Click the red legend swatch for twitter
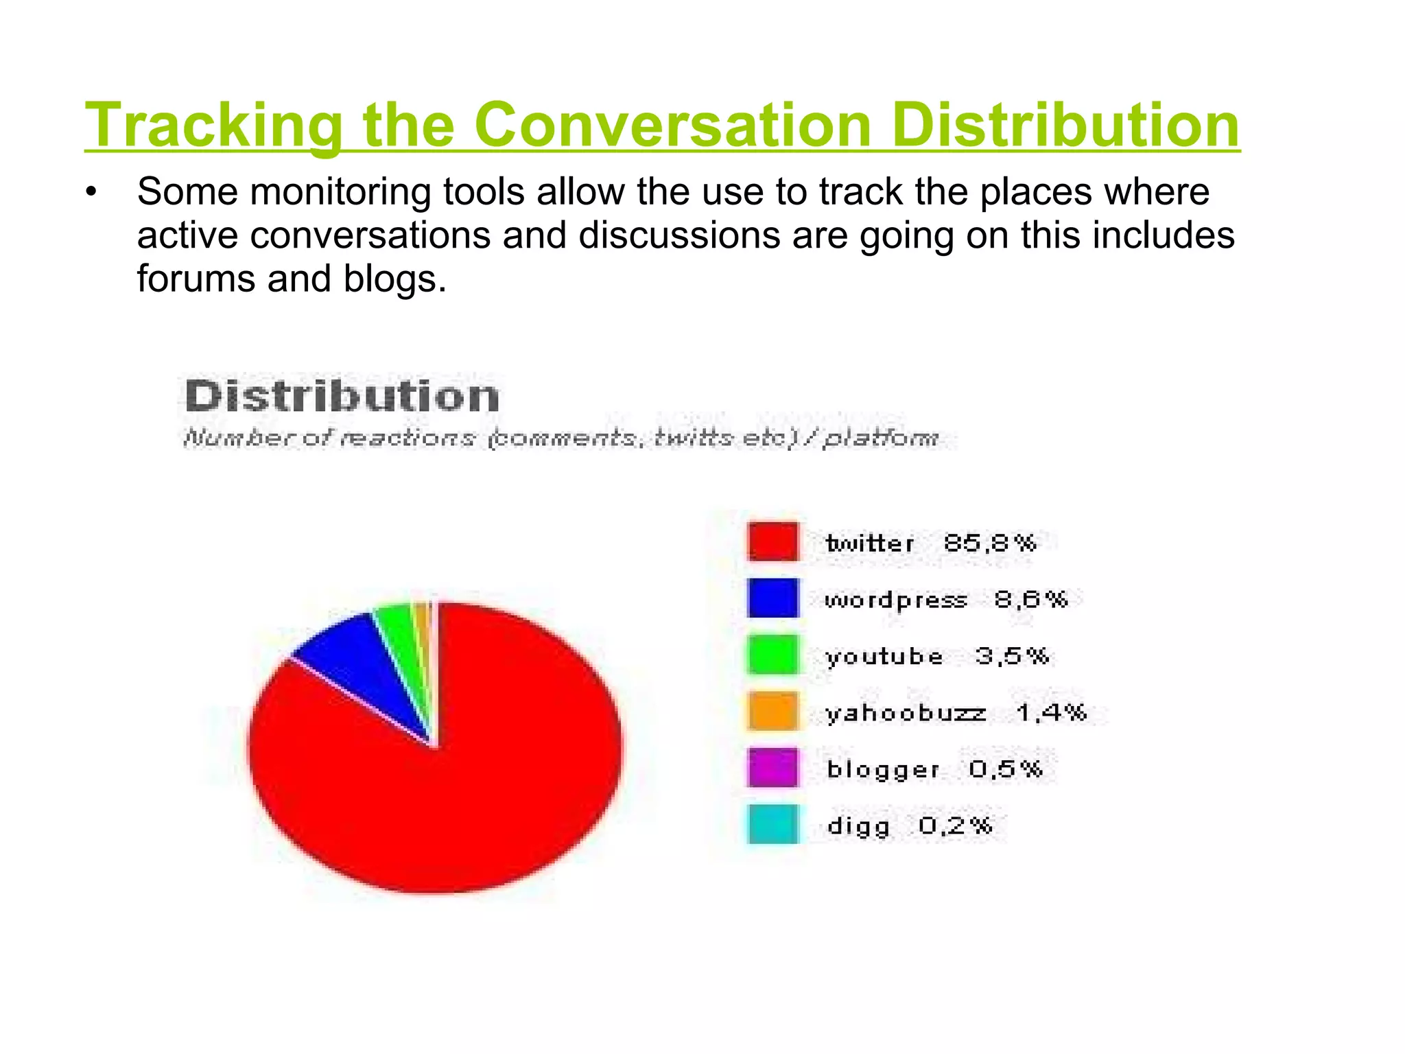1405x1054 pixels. (x=773, y=542)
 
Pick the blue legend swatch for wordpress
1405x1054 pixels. (x=773, y=598)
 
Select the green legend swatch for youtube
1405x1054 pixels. (x=773, y=655)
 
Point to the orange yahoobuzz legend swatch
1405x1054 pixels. (x=773, y=712)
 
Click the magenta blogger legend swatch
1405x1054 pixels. (x=773, y=768)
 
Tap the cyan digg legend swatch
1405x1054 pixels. (x=773, y=824)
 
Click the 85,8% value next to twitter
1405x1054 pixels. (x=989, y=543)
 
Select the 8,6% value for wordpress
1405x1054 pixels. (x=1030, y=600)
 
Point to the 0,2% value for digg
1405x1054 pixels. (x=955, y=825)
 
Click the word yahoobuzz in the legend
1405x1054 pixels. (x=906, y=713)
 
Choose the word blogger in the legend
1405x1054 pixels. (x=883, y=770)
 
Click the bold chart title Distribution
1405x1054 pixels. (x=342, y=397)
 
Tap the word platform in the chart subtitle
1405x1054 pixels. (x=880, y=438)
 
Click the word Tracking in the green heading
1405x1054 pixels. (x=213, y=125)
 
